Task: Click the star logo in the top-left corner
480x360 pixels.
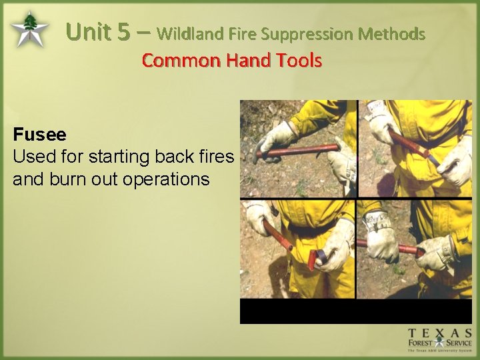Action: point(29,29)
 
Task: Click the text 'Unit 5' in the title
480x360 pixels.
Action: point(99,32)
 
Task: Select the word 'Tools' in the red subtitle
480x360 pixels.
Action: point(299,61)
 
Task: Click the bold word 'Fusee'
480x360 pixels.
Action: point(39,135)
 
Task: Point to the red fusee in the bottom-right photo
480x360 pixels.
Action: point(400,248)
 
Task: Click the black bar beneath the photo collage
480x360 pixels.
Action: point(356,311)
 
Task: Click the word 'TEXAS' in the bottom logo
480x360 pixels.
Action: point(441,333)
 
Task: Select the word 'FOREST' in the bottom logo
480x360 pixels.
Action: point(423,344)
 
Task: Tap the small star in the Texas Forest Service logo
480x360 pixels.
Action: point(441,343)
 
